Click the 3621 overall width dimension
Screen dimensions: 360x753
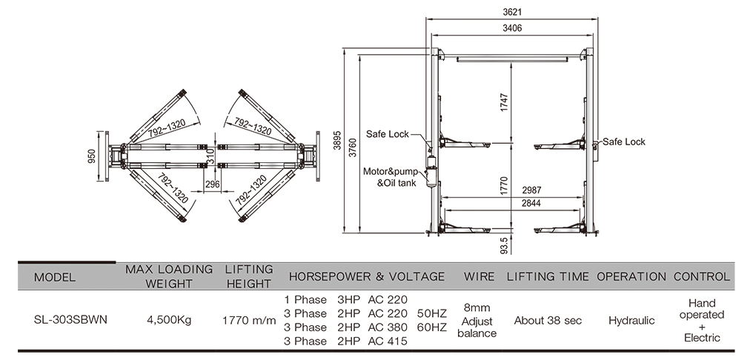pyautogui.click(x=512, y=12)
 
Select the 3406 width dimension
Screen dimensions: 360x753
pyautogui.click(x=512, y=28)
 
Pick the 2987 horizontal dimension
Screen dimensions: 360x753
pyautogui.click(x=530, y=190)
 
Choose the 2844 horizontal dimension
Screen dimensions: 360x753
pyautogui.click(x=530, y=203)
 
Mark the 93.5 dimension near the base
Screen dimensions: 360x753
pyautogui.click(x=505, y=246)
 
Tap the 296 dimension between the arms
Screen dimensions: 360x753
pyautogui.click(x=212, y=185)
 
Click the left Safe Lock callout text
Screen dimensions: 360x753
pyautogui.click(x=388, y=134)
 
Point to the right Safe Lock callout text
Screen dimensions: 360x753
pyautogui.click(x=623, y=141)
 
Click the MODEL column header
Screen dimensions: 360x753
pyautogui.click(x=54, y=277)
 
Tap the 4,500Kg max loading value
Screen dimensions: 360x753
pyautogui.click(x=169, y=321)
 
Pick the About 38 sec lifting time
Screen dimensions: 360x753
pyautogui.click(x=548, y=321)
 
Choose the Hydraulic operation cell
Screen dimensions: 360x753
pyautogui.click(x=631, y=321)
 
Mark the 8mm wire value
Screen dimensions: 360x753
pyautogui.click(x=477, y=307)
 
